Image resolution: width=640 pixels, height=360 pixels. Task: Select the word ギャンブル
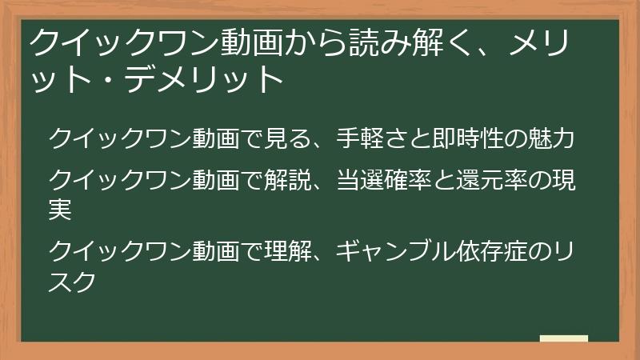click(396, 251)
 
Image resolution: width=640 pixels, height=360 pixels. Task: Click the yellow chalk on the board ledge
click(564, 338)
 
